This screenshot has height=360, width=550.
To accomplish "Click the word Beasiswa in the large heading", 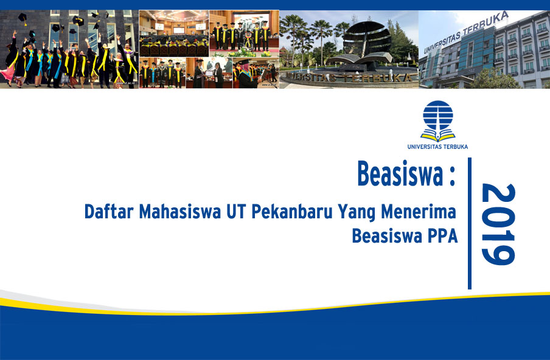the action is [400, 173].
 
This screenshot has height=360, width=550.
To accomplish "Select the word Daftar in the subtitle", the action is [109, 212].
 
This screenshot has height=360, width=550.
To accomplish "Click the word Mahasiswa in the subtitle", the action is [180, 212].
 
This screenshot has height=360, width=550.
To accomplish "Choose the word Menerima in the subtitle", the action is [419, 212].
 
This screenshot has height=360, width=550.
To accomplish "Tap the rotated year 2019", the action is [498, 224].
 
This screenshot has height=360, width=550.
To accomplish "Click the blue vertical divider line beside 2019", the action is [470, 223].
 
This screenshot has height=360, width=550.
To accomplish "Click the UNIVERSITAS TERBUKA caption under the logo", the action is [437, 147].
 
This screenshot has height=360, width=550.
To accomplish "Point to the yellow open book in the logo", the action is [438, 136].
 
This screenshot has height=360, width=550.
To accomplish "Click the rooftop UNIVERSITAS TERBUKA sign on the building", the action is [466, 32].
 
